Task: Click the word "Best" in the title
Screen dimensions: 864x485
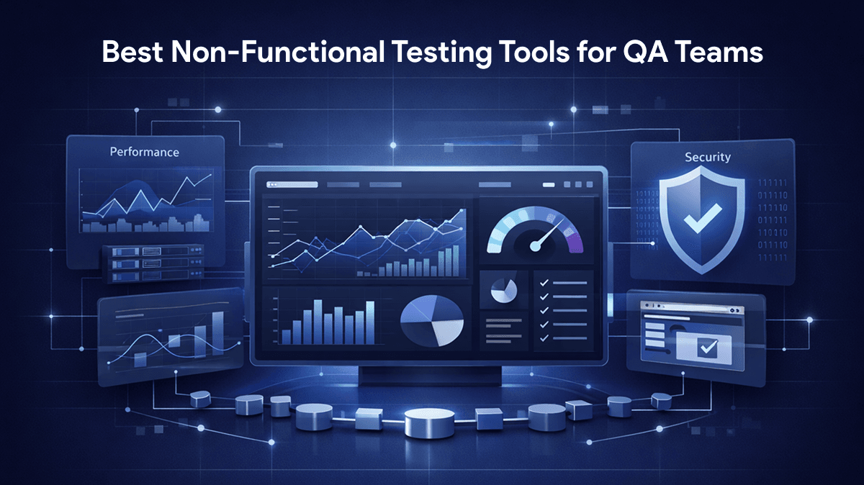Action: point(132,52)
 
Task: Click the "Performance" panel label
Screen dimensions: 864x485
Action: point(144,152)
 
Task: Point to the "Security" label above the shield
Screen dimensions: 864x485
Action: point(707,157)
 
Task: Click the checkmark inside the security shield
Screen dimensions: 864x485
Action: point(703,218)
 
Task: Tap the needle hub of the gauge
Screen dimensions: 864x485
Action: point(535,246)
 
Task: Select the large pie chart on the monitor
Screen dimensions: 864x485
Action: point(431,320)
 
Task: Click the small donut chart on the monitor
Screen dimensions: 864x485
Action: point(503,290)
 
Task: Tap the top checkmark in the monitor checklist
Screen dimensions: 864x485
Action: point(544,283)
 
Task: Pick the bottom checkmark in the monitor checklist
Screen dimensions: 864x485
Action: point(544,338)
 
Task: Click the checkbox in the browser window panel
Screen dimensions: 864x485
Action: point(708,348)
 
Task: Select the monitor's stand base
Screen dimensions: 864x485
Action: point(430,376)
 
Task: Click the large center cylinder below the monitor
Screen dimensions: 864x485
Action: point(429,422)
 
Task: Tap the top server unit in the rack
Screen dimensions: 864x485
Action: point(153,251)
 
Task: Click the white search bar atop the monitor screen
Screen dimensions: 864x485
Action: point(292,185)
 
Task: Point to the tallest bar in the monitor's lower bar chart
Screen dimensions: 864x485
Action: point(318,322)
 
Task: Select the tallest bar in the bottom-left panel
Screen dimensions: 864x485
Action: point(218,332)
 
